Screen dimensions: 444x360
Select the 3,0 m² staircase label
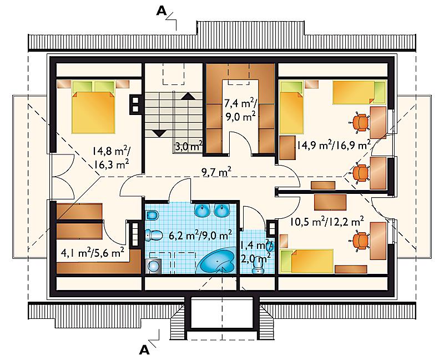pyautogui.click(x=188, y=147)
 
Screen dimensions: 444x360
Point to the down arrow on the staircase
pyautogui.click(x=159, y=133)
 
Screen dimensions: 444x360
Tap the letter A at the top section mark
pyautogui.click(x=162, y=11)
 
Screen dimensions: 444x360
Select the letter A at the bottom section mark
pyautogui.click(x=144, y=350)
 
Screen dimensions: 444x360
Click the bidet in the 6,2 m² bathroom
pyautogui.click(x=152, y=215)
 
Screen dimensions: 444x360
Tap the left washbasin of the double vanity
pyautogui.click(x=202, y=210)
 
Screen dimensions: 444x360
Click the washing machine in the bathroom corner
pyautogui.click(x=153, y=266)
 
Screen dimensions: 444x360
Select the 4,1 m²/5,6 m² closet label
pyautogui.click(x=93, y=252)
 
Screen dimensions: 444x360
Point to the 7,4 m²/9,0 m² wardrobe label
pyautogui.click(x=240, y=109)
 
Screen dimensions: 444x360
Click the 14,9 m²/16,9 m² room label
pyautogui.click(x=334, y=146)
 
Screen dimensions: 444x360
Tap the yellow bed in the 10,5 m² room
pyautogui.click(x=306, y=261)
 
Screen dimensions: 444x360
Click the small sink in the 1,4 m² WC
pyautogui.click(x=270, y=246)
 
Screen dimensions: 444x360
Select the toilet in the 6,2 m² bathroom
pyautogui.click(x=153, y=235)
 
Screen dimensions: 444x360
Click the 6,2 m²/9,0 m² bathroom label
pyautogui.click(x=200, y=235)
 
